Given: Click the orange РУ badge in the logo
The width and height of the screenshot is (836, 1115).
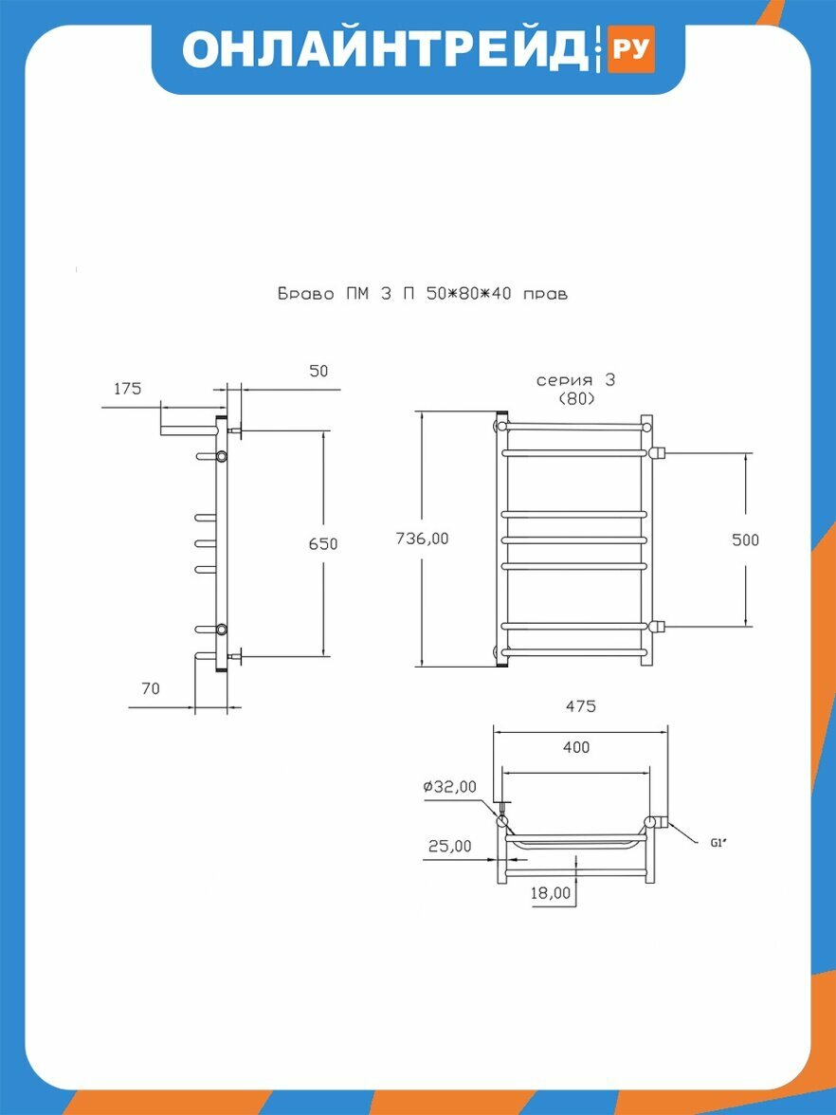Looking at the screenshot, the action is [630, 49].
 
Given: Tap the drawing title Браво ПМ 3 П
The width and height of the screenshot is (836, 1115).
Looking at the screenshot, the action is [349, 293].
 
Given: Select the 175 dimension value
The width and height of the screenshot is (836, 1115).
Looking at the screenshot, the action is [127, 389].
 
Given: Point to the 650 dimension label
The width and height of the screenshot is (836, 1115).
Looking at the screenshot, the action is [322, 544].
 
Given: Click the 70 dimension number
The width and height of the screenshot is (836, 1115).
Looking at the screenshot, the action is [151, 688].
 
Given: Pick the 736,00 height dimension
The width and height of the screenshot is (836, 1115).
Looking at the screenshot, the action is [423, 539].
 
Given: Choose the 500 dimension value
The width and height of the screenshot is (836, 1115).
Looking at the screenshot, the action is [745, 539].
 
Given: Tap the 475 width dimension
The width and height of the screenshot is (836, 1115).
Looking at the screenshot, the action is [581, 706].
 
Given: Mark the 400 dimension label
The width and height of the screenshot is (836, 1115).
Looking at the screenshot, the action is [576, 747].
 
